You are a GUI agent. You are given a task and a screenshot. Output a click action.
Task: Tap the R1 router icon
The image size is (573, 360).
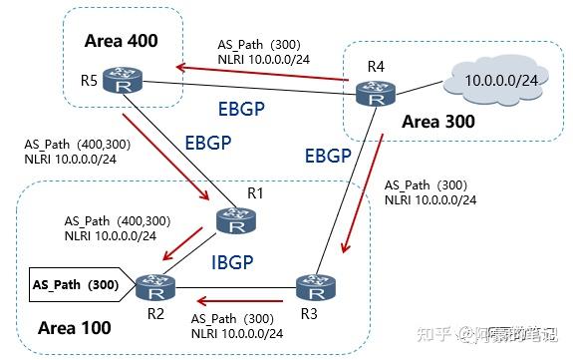click(235, 222)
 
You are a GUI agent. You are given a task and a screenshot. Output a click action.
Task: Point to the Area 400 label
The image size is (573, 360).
click(122, 43)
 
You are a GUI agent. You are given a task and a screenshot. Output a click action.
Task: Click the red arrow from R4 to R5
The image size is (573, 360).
click(258, 67)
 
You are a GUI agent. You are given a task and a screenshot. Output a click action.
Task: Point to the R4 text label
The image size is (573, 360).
click(375, 67)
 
